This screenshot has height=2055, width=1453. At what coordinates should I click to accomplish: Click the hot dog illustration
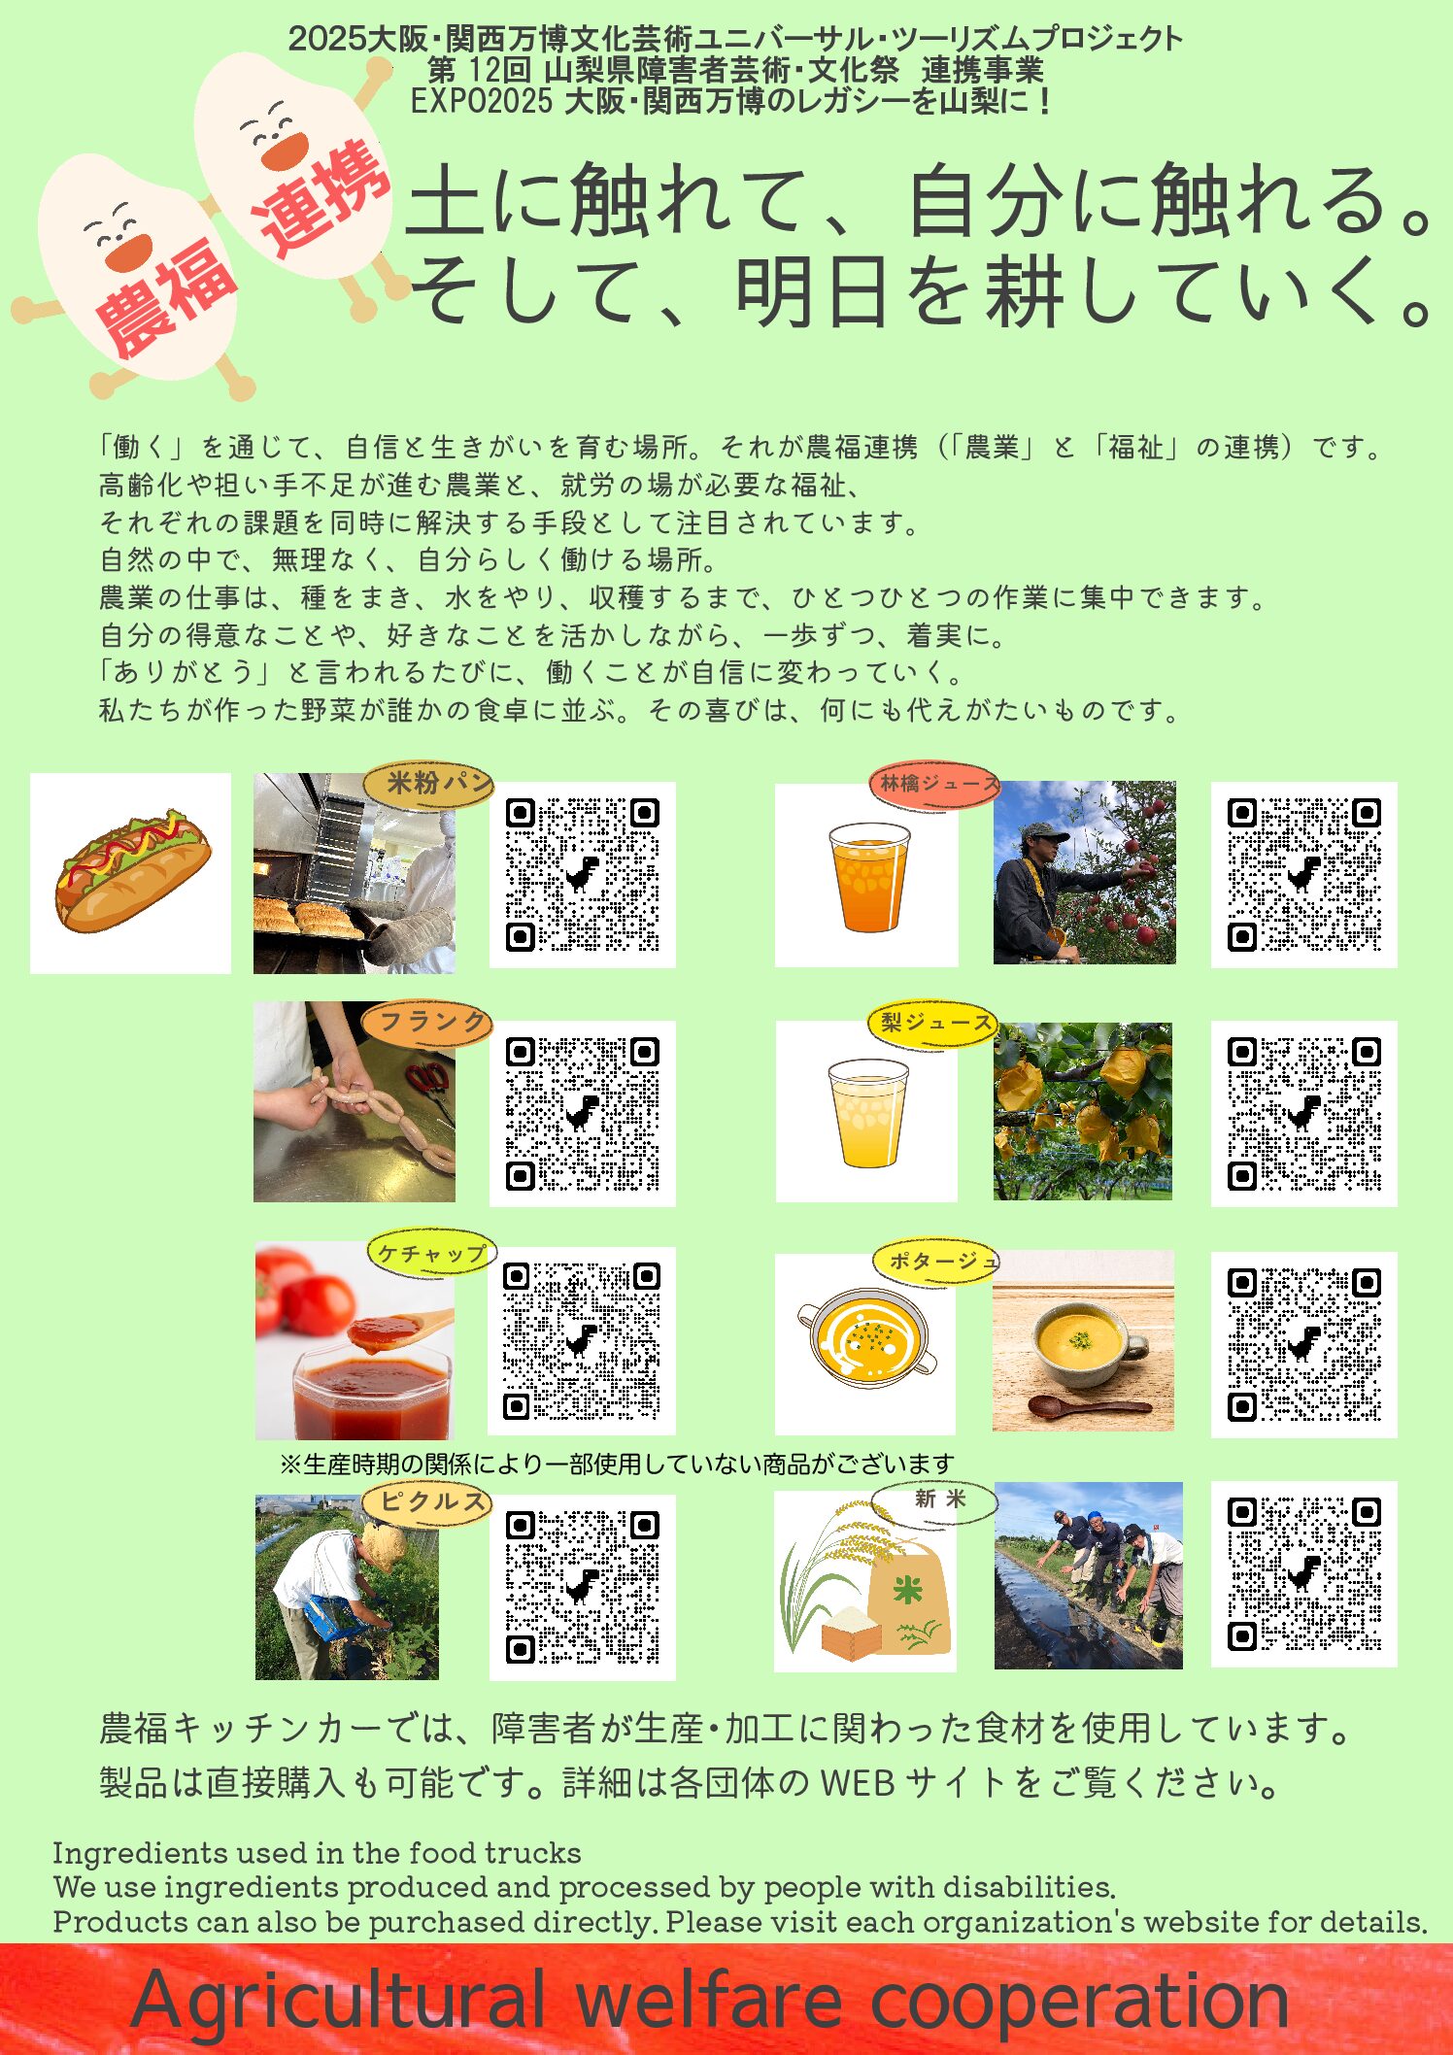(131, 871)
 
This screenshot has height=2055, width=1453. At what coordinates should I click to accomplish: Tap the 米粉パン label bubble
(428, 784)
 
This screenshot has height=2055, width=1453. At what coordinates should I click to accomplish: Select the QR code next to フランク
(582, 1113)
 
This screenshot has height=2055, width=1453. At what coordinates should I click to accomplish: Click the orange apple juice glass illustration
(869, 876)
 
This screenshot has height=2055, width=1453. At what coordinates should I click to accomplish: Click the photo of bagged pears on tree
(1082, 1110)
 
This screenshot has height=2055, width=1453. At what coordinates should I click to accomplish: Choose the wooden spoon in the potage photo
(1088, 1405)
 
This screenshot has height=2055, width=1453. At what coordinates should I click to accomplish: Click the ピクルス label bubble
(428, 1501)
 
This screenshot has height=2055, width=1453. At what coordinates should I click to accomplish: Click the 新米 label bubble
(935, 1500)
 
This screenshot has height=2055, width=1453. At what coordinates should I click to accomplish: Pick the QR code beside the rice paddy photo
(1303, 1573)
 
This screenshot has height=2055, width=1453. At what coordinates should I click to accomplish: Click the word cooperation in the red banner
(1078, 2001)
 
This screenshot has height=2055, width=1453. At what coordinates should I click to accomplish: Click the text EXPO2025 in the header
(480, 101)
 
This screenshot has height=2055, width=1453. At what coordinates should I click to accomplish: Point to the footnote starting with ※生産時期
(616, 1464)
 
